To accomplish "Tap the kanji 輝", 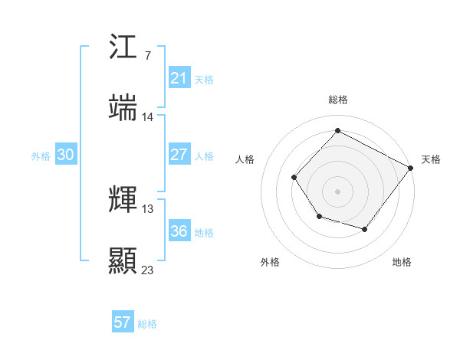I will (123, 199).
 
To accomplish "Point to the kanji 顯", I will (123, 260).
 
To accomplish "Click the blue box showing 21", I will (179, 77).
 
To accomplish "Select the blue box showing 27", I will (179, 154).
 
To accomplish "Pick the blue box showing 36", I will (179, 231).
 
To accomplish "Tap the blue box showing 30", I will (65, 154).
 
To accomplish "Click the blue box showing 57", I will (123, 322).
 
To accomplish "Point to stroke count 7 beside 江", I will (147, 56).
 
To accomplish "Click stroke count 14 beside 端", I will (148, 117).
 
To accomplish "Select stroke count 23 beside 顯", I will (148, 270).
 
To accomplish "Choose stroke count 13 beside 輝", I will (148, 209).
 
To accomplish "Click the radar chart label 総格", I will (337, 100).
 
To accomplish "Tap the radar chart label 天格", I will (431, 159).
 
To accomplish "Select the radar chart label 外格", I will (270, 262).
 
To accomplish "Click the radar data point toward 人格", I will (294, 178).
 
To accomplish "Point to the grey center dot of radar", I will (337, 191).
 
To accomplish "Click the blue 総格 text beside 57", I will (147, 324).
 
